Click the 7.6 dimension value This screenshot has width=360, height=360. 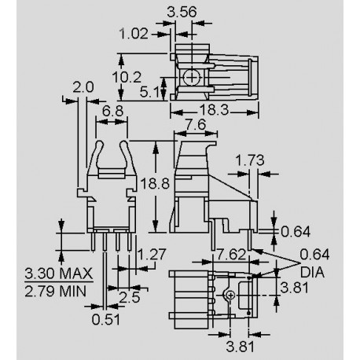[x=194, y=127]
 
